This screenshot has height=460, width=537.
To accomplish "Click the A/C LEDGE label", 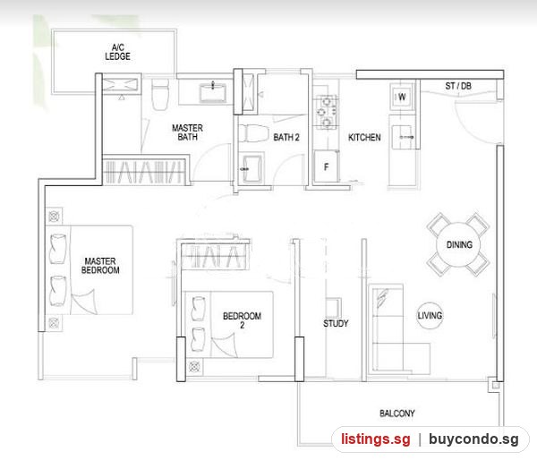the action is pyautogui.click(x=117, y=52).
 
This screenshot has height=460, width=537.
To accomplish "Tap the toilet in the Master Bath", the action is pyautogui.click(x=160, y=94).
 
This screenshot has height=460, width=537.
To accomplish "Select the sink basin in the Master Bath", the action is pyautogui.click(x=213, y=92).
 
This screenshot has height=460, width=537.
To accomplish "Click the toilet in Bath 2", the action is pyautogui.click(x=253, y=133).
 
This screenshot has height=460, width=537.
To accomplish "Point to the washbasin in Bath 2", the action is pyautogui.click(x=251, y=169).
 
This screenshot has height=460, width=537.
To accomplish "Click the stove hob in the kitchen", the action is pyautogui.click(x=326, y=112).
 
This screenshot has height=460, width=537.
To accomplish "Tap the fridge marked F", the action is pyautogui.click(x=326, y=166).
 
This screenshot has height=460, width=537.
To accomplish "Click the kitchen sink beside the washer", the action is pyautogui.click(x=404, y=137).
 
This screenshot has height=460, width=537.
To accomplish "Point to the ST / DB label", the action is pyautogui.click(x=458, y=86).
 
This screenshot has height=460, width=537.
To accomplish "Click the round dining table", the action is pyautogui.click(x=458, y=244).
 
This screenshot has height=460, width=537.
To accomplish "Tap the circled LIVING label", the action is pyautogui.click(x=430, y=315).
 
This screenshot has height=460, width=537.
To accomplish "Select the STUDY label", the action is pyautogui.click(x=336, y=323).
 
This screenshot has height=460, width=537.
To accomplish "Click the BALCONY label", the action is pyautogui.click(x=396, y=413).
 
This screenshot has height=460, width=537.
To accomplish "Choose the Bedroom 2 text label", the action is pyautogui.click(x=243, y=320).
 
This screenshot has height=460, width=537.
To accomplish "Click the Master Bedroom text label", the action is pyautogui.click(x=100, y=266).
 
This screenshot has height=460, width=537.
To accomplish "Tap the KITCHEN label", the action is pyautogui.click(x=364, y=137).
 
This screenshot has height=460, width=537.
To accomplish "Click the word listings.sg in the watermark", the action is pyautogui.click(x=376, y=439).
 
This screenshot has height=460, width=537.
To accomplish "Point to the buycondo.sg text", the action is pyautogui.click(x=473, y=439).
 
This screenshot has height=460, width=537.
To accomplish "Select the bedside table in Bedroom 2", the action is pyautogui.click(x=194, y=367).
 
